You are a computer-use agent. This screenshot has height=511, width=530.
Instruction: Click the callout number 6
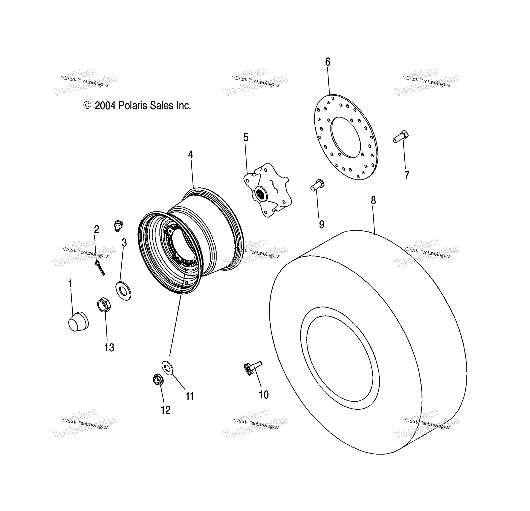(x=328, y=62)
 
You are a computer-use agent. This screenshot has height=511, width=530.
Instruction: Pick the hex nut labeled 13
(x=104, y=305)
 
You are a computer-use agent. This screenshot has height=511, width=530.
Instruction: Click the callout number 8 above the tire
(x=373, y=201)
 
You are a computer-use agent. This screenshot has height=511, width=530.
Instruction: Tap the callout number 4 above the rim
(x=191, y=155)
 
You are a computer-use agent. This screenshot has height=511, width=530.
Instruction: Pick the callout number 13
(x=109, y=348)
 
